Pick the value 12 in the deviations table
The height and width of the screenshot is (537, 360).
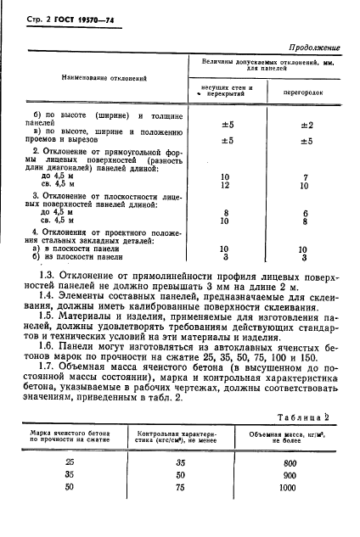pyautogui.click(x=226, y=185)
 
